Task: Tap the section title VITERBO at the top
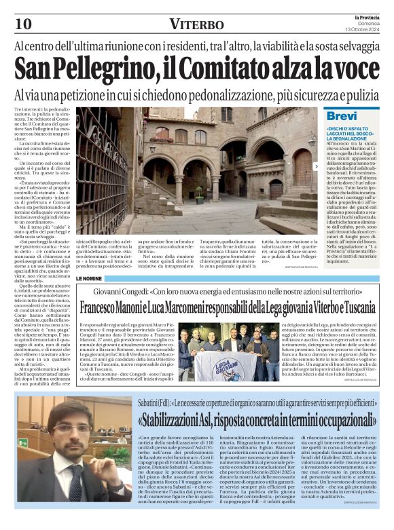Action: click(197, 24)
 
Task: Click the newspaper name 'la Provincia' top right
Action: click(363, 16)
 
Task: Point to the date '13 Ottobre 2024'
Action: click(363, 29)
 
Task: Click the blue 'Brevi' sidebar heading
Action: click(342, 116)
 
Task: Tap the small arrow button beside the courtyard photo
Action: click(316, 166)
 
